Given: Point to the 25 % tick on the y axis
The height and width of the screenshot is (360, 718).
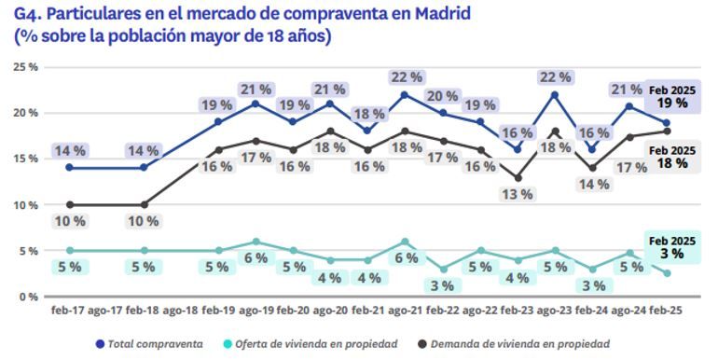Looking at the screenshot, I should tap(25, 67).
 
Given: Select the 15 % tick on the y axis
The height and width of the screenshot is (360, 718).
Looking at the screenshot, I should tap(25, 159).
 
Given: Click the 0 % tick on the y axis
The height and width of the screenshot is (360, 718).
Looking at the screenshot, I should tap(28, 297).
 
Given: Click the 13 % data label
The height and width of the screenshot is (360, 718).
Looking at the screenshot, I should tap(518, 195).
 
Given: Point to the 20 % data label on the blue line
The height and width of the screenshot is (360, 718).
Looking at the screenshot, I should tap(443, 97).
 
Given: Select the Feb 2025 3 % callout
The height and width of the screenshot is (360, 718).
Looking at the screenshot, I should tap(672, 248).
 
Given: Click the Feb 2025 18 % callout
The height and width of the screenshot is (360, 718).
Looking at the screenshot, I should tap(672, 157).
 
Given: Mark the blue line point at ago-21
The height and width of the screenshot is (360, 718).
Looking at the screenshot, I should tap(405, 95).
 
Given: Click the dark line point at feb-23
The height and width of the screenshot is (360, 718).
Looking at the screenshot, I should tap(518, 177).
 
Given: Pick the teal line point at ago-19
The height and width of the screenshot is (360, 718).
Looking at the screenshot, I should tap(255, 242).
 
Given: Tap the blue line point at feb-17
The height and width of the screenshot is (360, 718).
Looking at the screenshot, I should tap(69, 168).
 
